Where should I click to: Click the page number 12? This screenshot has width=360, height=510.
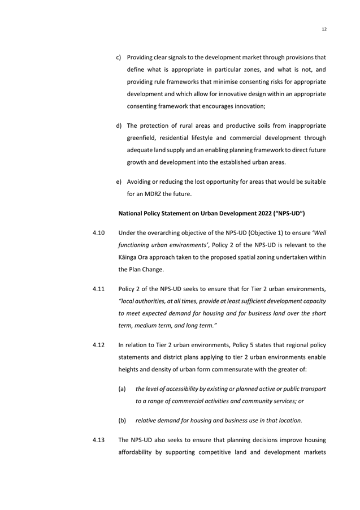click(324, 29)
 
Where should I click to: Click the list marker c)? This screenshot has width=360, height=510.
click(119, 58)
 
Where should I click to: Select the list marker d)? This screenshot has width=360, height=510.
click(119, 125)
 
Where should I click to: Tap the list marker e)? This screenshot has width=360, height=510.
click(119, 181)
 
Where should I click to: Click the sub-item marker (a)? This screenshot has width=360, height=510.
click(122, 389)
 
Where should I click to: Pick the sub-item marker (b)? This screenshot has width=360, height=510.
click(122, 420)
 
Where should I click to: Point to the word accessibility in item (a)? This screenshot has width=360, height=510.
click(184, 389)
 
